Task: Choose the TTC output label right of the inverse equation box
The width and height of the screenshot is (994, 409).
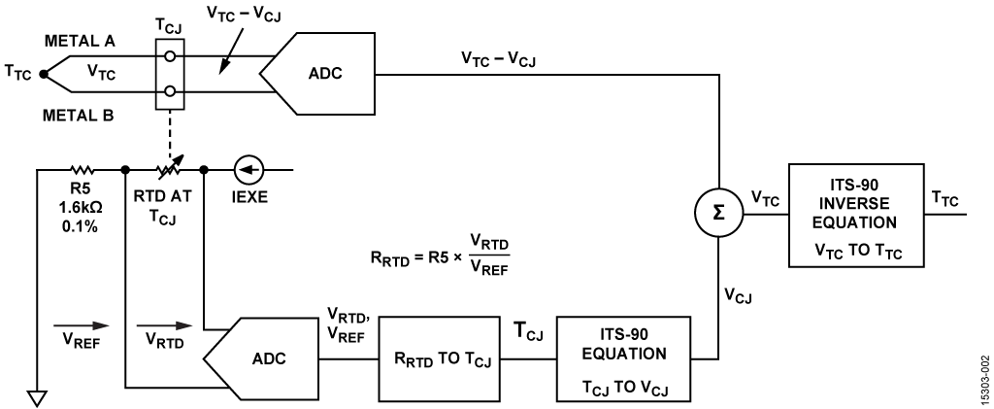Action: (x=943, y=198)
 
